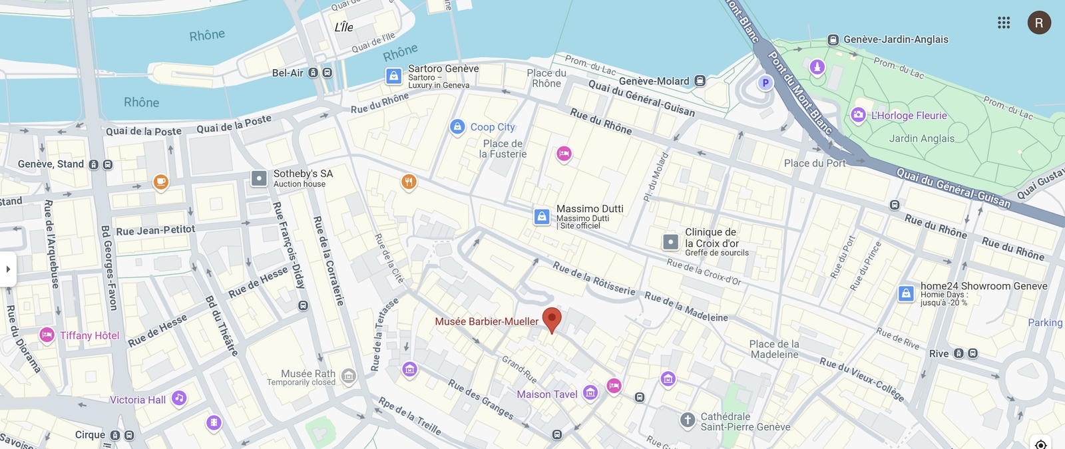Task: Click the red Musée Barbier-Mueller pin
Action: click(x=552, y=319)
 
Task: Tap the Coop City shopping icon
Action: click(x=457, y=126)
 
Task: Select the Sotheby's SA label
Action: click(x=303, y=174)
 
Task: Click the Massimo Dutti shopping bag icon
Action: click(x=542, y=216)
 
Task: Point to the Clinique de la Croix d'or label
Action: click(x=711, y=237)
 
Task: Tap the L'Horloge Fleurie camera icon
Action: click(x=858, y=115)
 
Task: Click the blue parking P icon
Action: click(x=765, y=83)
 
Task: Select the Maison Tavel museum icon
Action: click(x=590, y=392)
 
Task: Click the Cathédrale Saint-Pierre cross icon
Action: click(x=688, y=420)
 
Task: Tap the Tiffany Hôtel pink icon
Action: click(x=47, y=335)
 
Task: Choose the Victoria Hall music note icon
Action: click(x=178, y=398)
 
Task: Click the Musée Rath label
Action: click(x=308, y=374)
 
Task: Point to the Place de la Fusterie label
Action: click(x=503, y=148)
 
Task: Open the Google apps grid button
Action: click(x=1004, y=23)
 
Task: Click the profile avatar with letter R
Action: click(x=1039, y=23)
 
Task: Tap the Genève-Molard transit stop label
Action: click(x=654, y=81)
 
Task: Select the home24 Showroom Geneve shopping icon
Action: click(x=906, y=293)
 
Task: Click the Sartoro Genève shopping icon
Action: click(x=394, y=75)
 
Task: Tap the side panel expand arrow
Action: click(x=8, y=269)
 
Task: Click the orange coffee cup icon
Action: click(x=160, y=181)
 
